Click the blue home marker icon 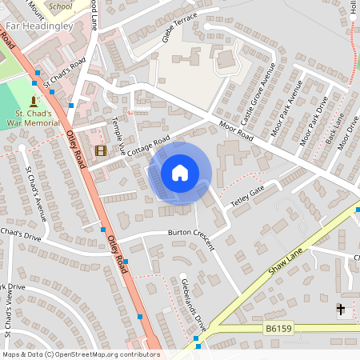[x=180, y=172]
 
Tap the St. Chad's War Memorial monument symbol [x=34, y=102]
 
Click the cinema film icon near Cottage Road [x=100, y=150]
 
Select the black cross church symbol [x=340, y=309]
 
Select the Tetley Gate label [x=247, y=193]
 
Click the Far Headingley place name [x=39, y=26]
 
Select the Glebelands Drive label [x=194, y=305]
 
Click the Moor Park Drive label [x=314, y=120]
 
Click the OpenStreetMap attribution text [x=80, y=354]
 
